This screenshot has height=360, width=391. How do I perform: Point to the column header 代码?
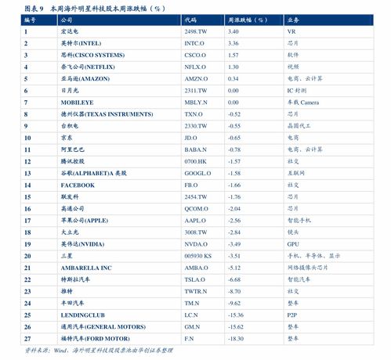pyautogui.click(x=192, y=20)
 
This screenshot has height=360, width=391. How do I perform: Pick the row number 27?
pyautogui.click(x=27, y=338)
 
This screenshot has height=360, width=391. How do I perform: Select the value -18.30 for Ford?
pyautogui.click(x=236, y=338)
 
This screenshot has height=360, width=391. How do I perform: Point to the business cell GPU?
pyautogui.click(x=292, y=243)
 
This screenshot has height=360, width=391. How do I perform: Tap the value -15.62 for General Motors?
pyautogui.click(x=236, y=326)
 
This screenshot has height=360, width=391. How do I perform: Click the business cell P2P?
pyautogui.click(x=291, y=315)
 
